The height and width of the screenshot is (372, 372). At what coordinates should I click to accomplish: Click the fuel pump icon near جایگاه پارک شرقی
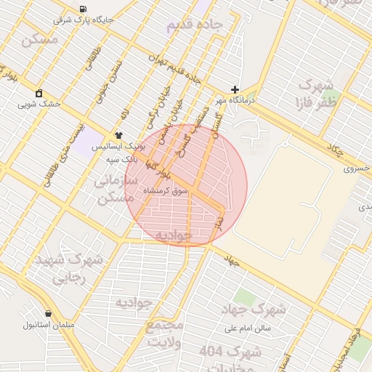click(81, 9)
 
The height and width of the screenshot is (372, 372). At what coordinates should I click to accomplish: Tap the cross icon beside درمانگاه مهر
click(235, 89)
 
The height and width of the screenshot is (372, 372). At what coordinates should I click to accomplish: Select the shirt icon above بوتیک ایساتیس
click(118, 135)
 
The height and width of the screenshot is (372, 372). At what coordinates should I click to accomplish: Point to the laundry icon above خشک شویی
click(39, 93)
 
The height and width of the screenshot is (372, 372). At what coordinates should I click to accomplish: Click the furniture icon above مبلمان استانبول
click(48, 313)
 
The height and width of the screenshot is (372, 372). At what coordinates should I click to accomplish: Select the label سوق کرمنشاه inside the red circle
click(166, 190)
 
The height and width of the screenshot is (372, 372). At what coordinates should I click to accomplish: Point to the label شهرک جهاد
click(254, 310)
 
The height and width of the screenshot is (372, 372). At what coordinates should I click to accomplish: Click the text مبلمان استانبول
click(49, 324)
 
